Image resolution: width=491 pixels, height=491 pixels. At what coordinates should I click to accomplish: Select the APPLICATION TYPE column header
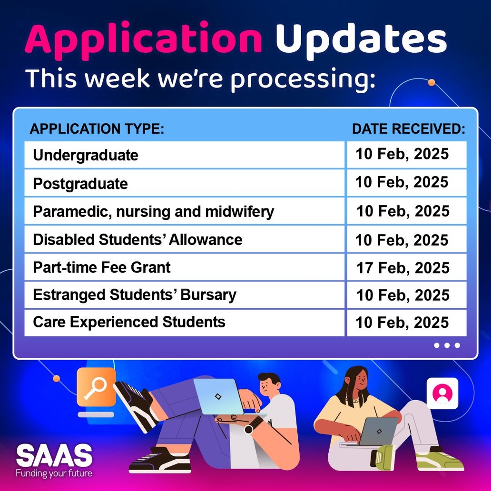click(97, 129)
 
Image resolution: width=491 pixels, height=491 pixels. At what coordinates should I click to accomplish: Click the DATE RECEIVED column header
click(408, 129)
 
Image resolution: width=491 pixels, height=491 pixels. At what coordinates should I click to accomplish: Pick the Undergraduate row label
click(86, 155)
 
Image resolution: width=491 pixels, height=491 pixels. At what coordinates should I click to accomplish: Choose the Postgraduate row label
click(80, 184)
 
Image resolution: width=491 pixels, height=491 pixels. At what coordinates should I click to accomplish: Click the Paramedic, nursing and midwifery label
click(153, 211)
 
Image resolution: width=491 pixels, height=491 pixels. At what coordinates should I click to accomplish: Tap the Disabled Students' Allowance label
click(137, 239)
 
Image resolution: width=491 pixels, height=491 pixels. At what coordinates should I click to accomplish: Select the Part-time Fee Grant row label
click(102, 267)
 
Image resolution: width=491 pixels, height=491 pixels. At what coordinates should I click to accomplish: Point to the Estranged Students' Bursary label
click(135, 295)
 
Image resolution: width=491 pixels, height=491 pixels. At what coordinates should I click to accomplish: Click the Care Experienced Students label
click(129, 322)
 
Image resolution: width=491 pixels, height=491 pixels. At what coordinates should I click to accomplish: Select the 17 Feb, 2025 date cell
click(403, 268)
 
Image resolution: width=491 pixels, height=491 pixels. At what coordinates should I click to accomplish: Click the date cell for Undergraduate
click(402, 154)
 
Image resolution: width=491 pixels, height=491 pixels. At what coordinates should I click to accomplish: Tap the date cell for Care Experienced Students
click(402, 323)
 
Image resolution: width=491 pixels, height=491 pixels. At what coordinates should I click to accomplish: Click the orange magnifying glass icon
click(96, 387)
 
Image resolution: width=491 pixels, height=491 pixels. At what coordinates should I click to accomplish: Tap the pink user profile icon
click(442, 393)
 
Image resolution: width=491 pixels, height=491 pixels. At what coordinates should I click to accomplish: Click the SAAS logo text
click(54, 456)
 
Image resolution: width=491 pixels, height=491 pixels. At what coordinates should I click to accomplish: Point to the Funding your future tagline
click(54, 473)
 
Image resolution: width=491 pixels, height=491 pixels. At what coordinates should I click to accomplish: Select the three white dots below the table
click(447, 345)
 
